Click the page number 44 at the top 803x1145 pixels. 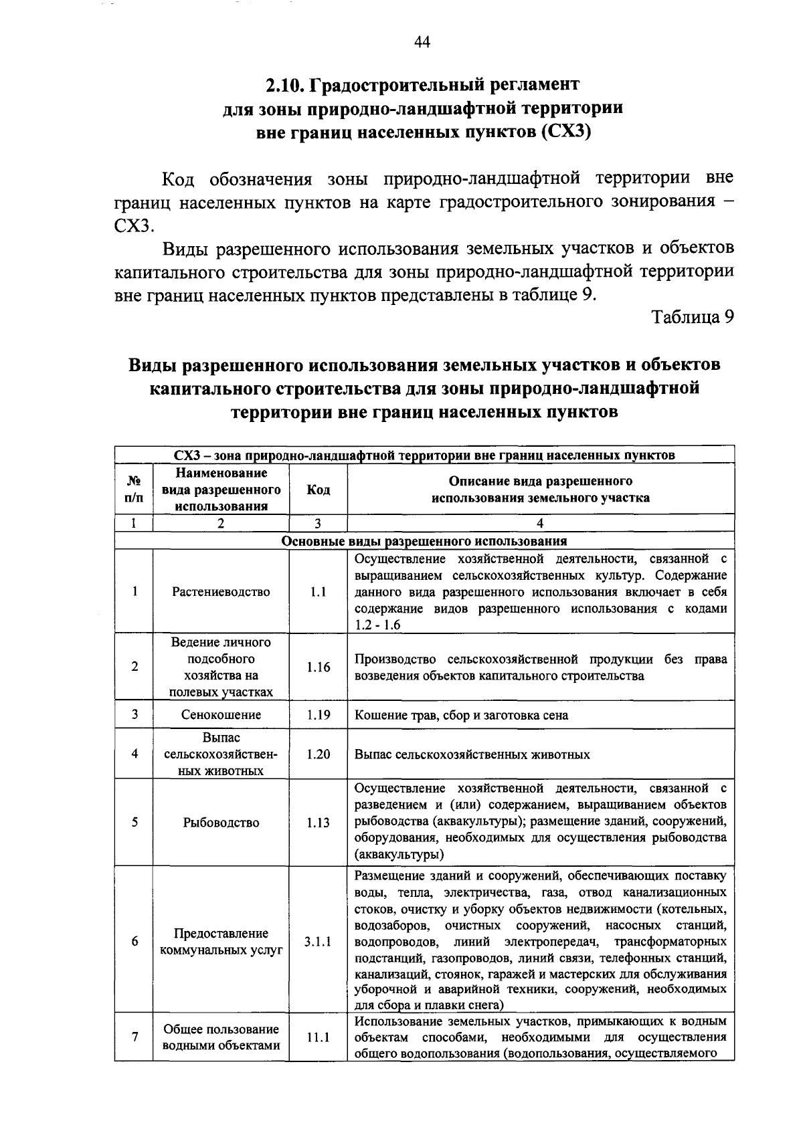(x=422, y=42)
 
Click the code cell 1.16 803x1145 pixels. (x=319, y=667)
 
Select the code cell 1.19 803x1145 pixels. (x=319, y=715)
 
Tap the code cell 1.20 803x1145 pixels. (x=319, y=754)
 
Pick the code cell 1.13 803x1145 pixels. (x=319, y=823)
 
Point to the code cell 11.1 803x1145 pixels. (x=319, y=1038)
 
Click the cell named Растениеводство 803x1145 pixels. (x=221, y=592)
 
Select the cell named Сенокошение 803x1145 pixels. (x=221, y=715)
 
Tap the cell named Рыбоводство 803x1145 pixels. (x=221, y=823)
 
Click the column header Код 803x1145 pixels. (x=319, y=490)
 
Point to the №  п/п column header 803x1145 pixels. (x=135, y=490)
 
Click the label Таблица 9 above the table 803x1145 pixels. (x=693, y=318)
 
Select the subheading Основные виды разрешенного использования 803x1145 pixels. (x=424, y=541)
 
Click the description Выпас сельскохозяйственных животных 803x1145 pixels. (x=472, y=754)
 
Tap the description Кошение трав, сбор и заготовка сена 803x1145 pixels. (x=461, y=715)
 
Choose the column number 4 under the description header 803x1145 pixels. (x=540, y=524)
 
